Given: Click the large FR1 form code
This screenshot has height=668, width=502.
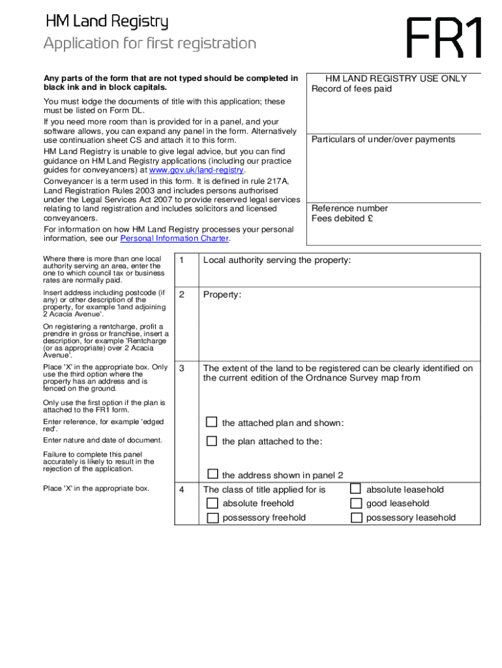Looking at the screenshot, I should (x=445, y=38).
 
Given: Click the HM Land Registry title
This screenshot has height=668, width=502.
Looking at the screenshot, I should (x=107, y=23).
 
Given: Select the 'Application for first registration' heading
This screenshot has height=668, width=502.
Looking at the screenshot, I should (x=150, y=44).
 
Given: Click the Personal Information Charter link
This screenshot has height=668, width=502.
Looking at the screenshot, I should (x=175, y=239).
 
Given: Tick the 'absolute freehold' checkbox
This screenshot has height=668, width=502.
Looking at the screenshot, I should (x=213, y=503).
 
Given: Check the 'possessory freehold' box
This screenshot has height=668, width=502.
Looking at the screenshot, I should (x=213, y=518).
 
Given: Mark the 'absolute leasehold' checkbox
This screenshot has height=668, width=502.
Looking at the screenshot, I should (x=356, y=489).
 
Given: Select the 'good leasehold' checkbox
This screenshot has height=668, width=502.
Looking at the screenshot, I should (x=356, y=503).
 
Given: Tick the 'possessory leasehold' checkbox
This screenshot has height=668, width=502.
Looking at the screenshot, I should (x=356, y=518).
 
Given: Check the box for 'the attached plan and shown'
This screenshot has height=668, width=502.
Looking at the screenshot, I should (x=212, y=422).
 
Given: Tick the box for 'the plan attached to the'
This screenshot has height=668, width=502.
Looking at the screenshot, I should (x=212, y=441).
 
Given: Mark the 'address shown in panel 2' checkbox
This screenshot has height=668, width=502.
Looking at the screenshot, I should (x=213, y=474).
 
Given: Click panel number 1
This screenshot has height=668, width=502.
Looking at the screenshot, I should (x=183, y=261).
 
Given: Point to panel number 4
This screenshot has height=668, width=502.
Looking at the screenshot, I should (x=183, y=490).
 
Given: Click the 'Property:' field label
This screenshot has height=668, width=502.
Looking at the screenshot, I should (x=222, y=295).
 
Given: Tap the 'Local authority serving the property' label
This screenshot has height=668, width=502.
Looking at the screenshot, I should (x=277, y=260).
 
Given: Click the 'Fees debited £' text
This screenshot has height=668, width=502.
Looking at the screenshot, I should (x=342, y=219).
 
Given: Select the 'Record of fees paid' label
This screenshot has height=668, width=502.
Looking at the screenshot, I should (x=351, y=89).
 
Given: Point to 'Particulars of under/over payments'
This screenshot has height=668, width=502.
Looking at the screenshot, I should (x=383, y=140).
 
